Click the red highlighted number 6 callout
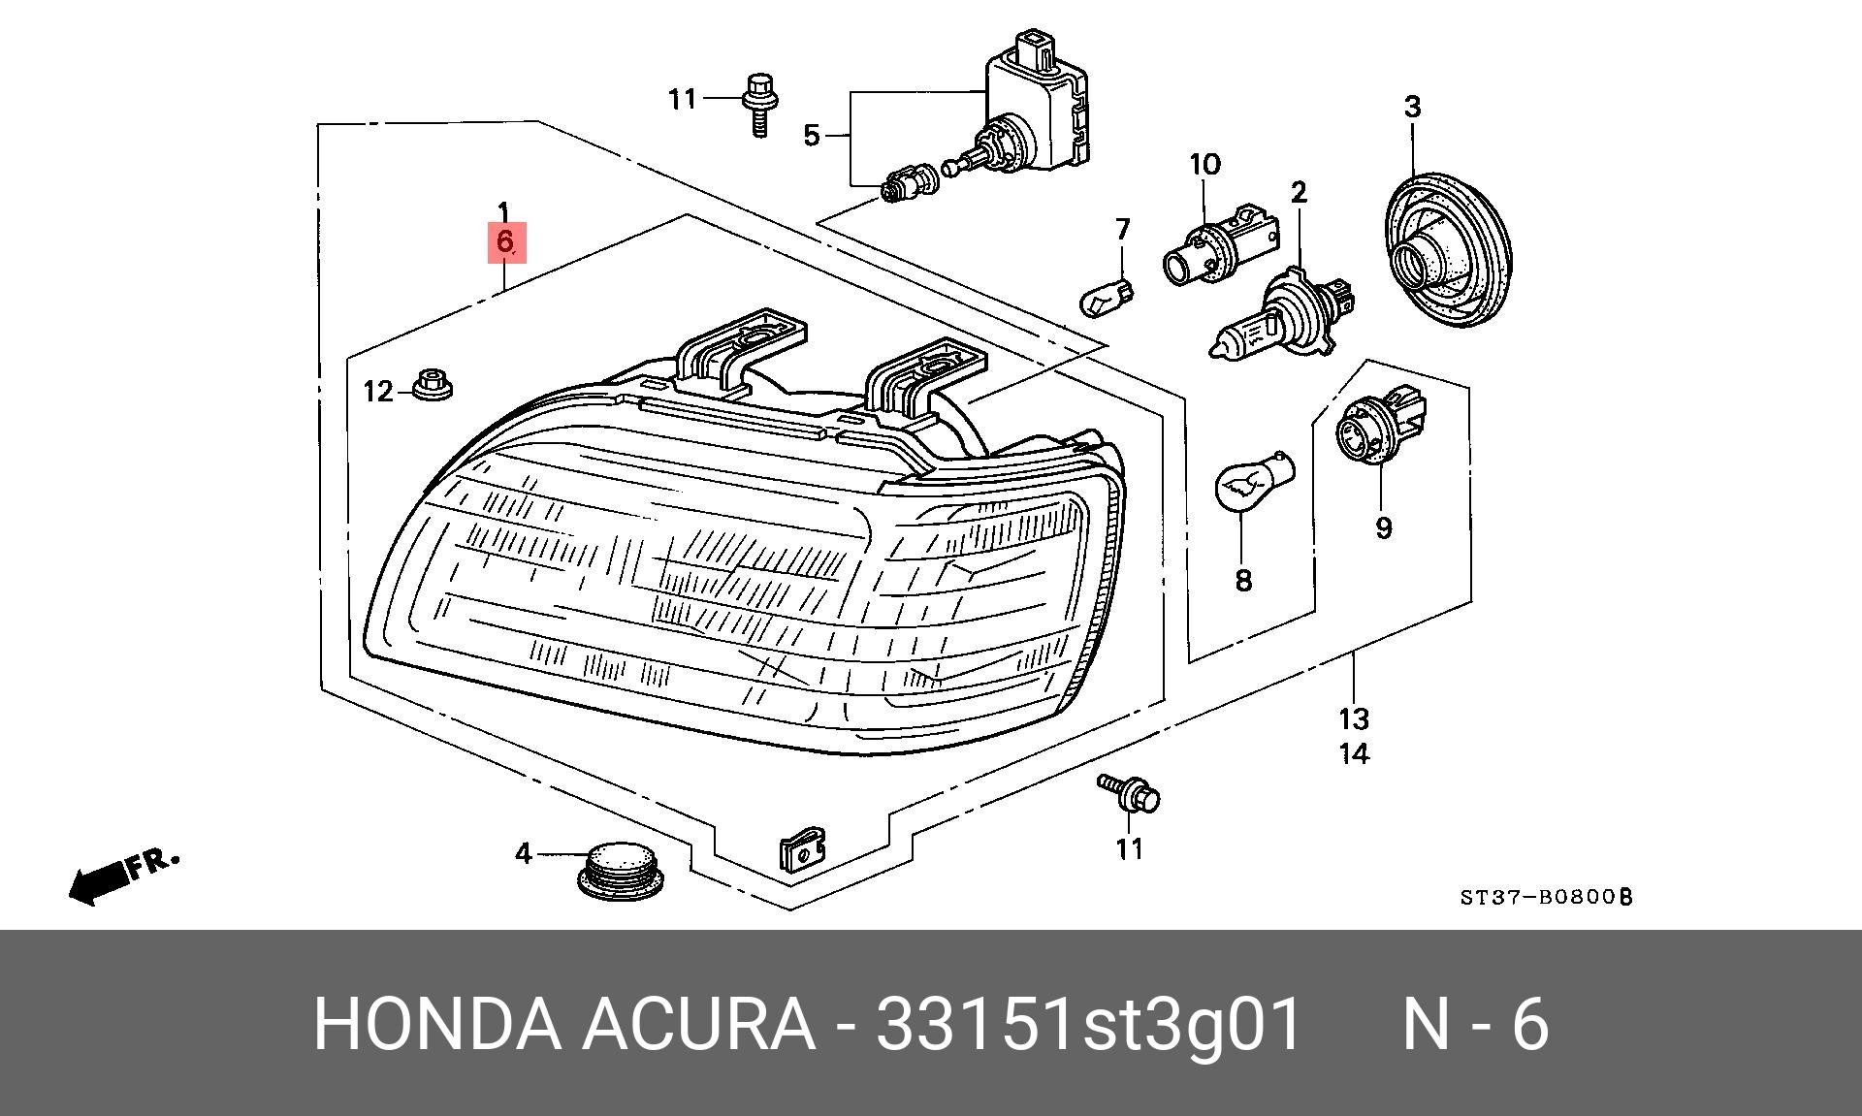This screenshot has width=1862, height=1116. pos(505,241)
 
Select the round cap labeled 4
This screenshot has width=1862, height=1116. pos(622,870)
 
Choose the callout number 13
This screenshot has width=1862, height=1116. pos(1354,718)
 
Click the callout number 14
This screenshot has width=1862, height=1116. pos(1354,753)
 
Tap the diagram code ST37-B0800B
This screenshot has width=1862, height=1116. pos(1547,897)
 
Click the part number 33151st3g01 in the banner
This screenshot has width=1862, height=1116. pos(1087,1024)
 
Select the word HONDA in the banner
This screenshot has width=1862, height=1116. pos(436,1024)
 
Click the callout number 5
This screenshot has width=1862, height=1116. pos(812,135)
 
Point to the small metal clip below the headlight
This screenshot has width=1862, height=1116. pos(803,850)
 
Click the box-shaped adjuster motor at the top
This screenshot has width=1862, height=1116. pos(1038,107)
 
